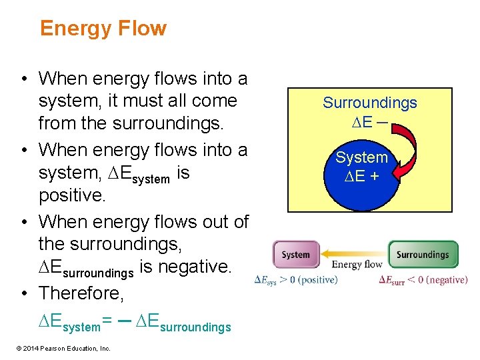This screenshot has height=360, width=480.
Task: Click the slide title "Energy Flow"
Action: tap(103, 29)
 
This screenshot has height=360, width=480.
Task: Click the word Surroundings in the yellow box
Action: tap(370, 103)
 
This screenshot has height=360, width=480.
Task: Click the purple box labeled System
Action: tap(295, 255)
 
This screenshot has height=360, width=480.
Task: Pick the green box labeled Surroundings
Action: tap(423, 255)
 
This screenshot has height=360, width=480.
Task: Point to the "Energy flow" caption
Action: tap(357, 265)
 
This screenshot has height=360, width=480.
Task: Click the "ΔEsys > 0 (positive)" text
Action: tap(296, 280)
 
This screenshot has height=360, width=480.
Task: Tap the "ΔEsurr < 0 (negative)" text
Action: tap(423, 280)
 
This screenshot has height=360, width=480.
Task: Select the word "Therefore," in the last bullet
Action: tap(77, 293)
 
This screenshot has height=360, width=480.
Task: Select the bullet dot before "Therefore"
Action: tap(24, 293)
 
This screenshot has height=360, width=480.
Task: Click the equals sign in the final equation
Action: tap(107, 325)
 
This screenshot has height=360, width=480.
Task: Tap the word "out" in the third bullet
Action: tap(207, 221)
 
